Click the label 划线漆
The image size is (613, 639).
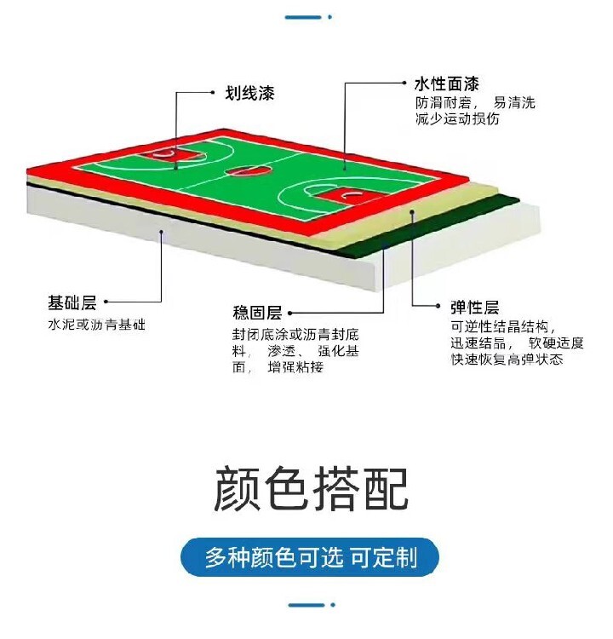tap(249, 94)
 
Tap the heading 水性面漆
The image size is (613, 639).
tap(446, 84)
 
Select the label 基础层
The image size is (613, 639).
tap(72, 302)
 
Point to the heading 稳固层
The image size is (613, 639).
tap(257, 313)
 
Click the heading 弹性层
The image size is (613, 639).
tap(474, 308)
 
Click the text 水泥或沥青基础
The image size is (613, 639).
tap(96, 325)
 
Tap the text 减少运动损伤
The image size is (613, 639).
tap(457, 119)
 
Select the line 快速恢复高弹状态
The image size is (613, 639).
tap(507, 360)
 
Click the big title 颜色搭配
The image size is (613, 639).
tap(311, 489)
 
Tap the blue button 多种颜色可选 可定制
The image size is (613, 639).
tap(310, 557)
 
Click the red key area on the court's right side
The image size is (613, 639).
tap(351, 197)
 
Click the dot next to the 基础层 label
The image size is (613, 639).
tap(106, 302)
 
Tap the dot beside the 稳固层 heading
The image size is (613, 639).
tap(290, 314)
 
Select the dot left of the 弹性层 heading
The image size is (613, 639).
tap(438, 306)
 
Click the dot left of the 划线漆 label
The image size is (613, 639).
tap(213, 93)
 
